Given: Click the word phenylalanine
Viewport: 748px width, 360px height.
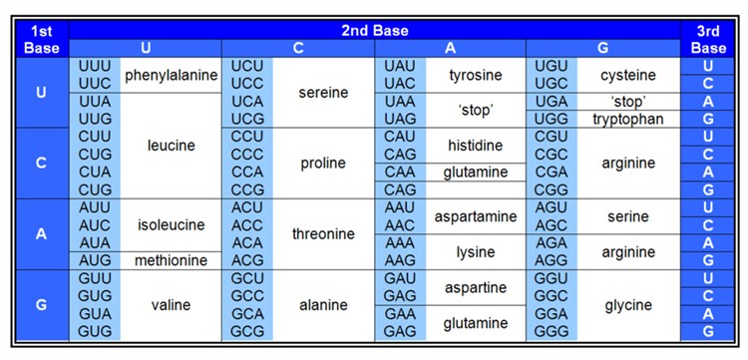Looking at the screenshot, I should (171, 75).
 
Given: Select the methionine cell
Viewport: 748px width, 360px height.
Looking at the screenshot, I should (171, 260).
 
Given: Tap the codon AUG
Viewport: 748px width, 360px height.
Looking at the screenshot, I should (95, 260).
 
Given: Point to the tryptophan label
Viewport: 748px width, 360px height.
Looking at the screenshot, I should (628, 119).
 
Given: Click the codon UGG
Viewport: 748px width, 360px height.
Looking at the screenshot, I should (552, 119).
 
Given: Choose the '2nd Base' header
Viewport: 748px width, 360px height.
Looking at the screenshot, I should (375, 31).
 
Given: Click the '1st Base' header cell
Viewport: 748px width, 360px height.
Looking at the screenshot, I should (42, 39).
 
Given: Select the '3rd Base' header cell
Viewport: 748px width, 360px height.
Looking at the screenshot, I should (708, 39).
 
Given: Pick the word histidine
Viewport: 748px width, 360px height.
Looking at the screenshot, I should (475, 146).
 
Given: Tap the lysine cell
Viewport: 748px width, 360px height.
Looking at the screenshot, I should (475, 251).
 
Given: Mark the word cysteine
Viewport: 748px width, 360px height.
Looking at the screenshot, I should (628, 75).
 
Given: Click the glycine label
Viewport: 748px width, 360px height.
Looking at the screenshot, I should (628, 304).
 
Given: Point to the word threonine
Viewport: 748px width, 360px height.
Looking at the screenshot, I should (323, 233).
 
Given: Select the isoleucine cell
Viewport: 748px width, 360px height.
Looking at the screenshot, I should (171, 224).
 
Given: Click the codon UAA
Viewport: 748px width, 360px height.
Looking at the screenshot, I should (400, 102).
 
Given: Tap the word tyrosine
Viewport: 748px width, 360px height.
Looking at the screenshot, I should (475, 75).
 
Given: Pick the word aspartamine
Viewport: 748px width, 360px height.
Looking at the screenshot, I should (475, 215).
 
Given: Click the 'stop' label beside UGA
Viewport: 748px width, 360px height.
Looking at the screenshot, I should (628, 102).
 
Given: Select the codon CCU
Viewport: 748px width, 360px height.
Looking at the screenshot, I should (247, 137).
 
